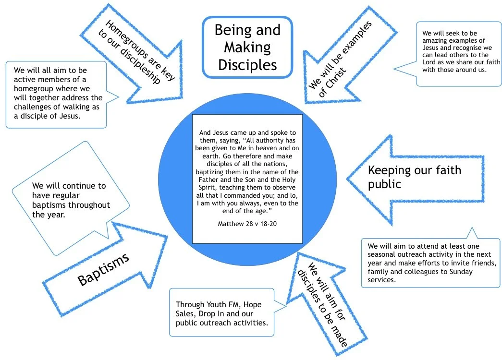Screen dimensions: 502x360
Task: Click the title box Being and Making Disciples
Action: [247, 47]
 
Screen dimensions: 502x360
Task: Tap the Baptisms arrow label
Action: [103, 269]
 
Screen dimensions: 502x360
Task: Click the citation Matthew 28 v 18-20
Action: [247, 224]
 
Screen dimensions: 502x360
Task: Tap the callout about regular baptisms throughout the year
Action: [71, 199]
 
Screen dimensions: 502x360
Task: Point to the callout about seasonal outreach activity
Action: [430, 263]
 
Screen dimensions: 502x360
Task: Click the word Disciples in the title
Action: [247, 64]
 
